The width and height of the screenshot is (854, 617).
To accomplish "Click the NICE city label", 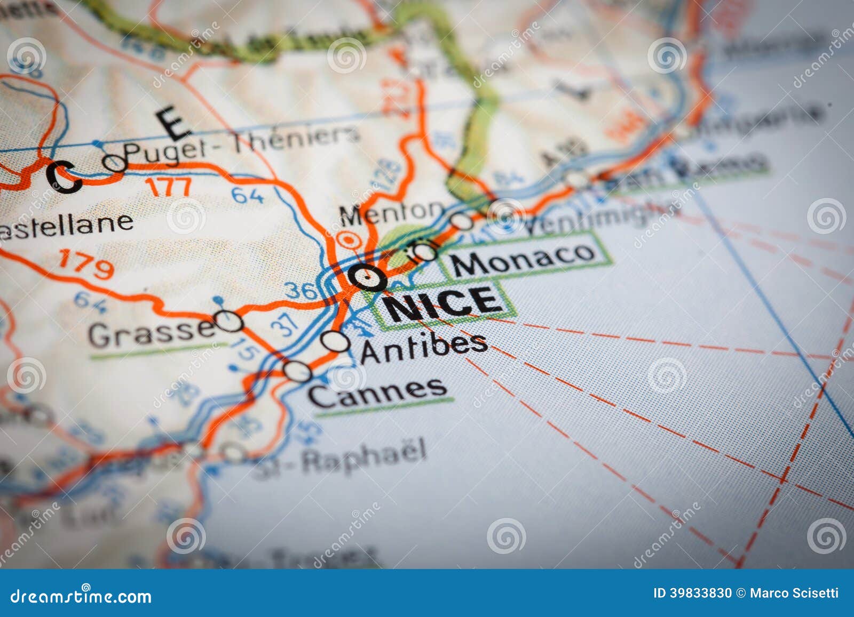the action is pyautogui.click(x=444, y=303).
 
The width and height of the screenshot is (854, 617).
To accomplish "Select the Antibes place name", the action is pyautogui.click(x=424, y=348).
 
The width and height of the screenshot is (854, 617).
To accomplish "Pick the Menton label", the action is pyautogui.click(x=391, y=212).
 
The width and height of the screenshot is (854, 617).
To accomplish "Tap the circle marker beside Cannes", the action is pyautogui.click(x=297, y=371).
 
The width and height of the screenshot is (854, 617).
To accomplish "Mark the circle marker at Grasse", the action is pyautogui.click(x=230, y=321).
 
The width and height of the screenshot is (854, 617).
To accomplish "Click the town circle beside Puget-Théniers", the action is pyautogui.click(x=115, y=163).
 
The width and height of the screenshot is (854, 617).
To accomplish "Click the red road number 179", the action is pyautogui.click(x=86, y=263).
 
